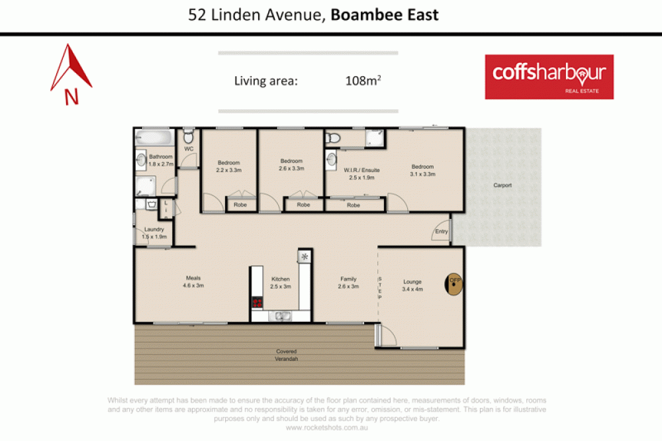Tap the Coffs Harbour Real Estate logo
(549, 76)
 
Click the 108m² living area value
(363, 81)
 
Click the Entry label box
(442, 232)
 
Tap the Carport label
(502, 185)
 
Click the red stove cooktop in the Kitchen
(258, 303)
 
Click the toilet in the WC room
(189, 136)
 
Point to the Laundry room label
(153, 233)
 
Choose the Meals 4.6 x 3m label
(193, 282)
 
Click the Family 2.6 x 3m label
(348, 283)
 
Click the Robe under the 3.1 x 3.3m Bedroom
(354, 205)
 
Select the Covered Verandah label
(287, 355)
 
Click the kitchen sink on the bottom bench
(282, 315)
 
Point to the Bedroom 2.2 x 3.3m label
(229, 166)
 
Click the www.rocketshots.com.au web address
(327, 427)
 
